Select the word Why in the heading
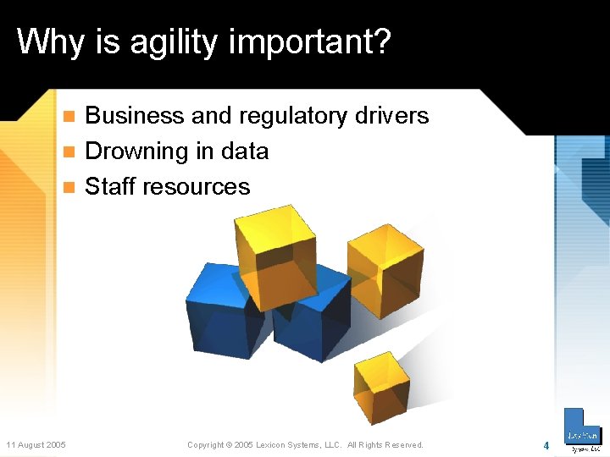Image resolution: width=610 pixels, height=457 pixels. (x=48, y=41)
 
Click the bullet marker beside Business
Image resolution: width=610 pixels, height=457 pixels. (x=70, y=116)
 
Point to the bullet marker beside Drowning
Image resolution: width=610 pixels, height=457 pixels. (x=70, y=152)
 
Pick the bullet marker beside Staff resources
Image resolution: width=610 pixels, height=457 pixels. (x=70, y=188)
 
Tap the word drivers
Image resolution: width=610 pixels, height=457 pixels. (x=392, y=115)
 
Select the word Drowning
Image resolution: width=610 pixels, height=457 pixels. (x=136, y=151)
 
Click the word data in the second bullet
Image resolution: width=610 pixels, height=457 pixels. (x=244, y=151)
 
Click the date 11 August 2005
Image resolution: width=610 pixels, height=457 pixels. (x=36, y=445)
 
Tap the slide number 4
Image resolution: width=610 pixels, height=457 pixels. (x=546, y=445)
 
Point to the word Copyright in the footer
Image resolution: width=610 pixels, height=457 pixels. (x=206, y=445)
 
